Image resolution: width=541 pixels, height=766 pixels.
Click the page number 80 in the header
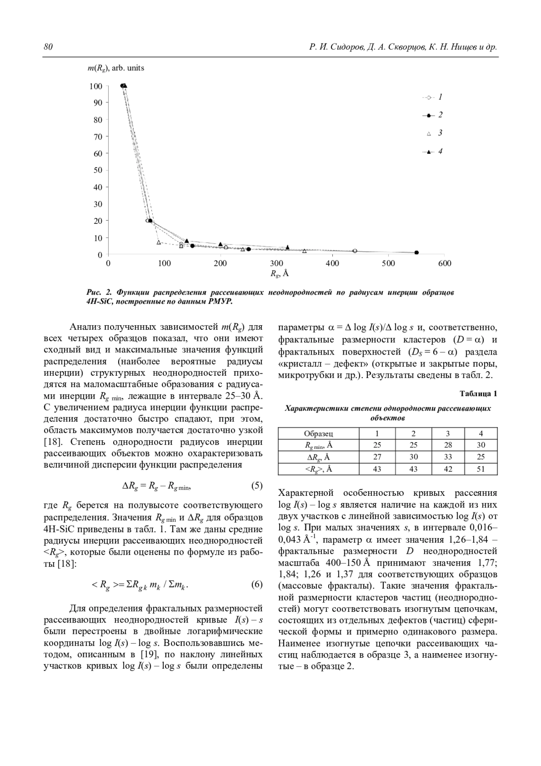[49, 47]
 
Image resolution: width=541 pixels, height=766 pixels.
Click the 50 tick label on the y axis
[98, 170]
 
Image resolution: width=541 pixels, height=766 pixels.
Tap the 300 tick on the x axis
[276, 263]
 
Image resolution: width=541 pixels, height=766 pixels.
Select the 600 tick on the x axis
[445, 263]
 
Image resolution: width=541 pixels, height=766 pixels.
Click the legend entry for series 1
[432, 97]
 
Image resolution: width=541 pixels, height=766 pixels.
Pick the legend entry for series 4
[432, 152]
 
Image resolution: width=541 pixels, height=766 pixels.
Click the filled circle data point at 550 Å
[416, 253]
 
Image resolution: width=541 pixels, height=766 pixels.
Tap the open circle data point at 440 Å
[354, 251]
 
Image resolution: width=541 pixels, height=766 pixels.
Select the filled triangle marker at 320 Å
[288, 247]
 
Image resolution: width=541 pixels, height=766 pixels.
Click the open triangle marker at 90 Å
[159, 242]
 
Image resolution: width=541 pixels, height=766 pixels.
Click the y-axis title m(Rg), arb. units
[116, 68]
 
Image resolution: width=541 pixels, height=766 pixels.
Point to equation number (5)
[257, 486]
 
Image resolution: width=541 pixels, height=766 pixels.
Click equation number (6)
[257, 585]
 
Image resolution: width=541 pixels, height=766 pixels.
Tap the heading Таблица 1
[478, 393]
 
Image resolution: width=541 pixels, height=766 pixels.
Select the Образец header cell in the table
[318, 434]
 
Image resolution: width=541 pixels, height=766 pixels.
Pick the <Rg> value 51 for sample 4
[481, 469]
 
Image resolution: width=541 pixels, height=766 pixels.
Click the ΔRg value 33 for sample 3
[448, 457]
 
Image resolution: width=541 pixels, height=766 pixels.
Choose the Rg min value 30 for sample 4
[481, 445]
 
